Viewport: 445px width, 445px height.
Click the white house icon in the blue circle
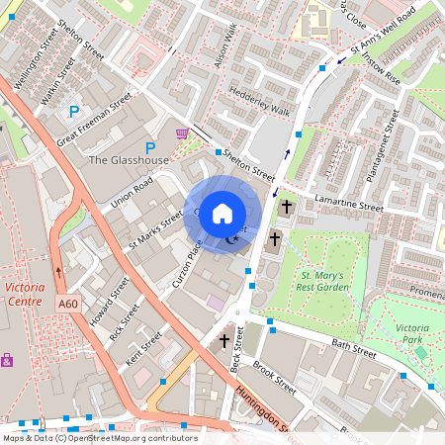[222, 213]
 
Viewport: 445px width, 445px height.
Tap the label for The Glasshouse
[129, 160]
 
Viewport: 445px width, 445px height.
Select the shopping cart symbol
[181, 133]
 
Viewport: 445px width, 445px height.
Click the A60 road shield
[67, 303]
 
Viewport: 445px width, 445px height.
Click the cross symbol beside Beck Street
[224, 341]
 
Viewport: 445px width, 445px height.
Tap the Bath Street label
[353, 350]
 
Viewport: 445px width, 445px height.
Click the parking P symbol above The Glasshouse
[150, 147]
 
